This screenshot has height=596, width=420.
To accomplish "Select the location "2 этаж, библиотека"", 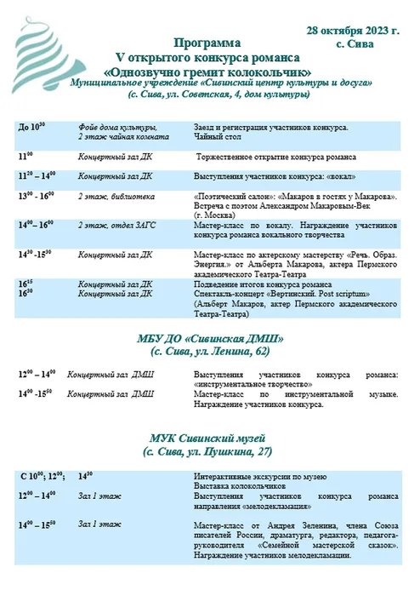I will (116, 196).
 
